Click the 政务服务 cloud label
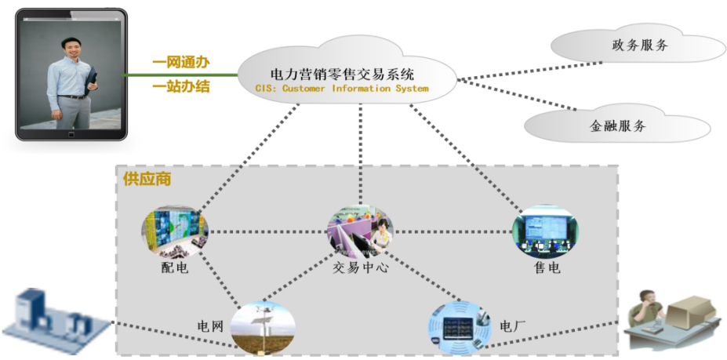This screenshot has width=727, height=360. (x=639, y=45)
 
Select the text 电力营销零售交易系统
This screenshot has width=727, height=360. (x=342, y=75)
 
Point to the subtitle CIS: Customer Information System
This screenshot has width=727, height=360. (x=342, y=89)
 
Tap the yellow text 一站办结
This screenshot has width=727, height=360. (x=180, y=86)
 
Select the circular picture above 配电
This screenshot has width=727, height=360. (x=175, y=231)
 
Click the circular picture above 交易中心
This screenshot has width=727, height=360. (x=360, y=231)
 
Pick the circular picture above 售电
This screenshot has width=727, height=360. (x=546, y=232)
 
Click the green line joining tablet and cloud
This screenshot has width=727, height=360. (x=181, y=75)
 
